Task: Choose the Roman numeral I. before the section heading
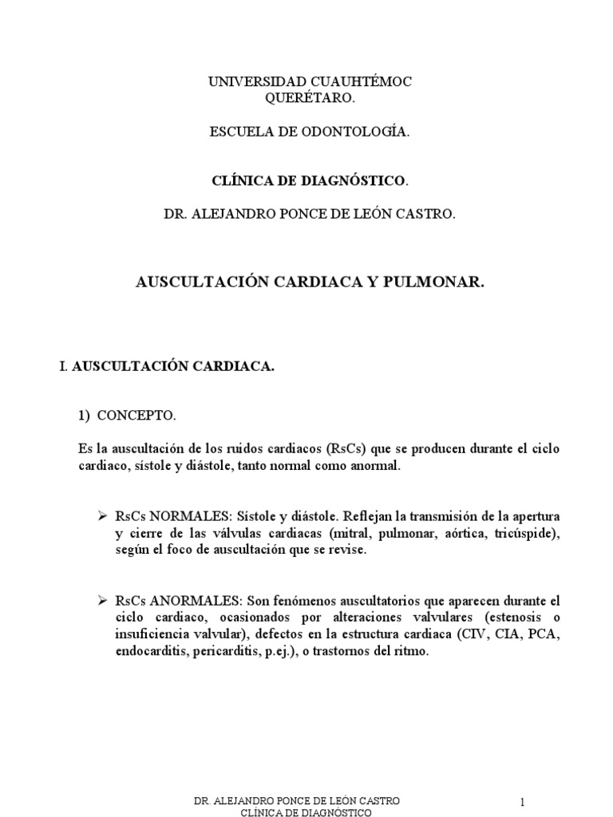63,366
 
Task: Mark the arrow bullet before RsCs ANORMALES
101,599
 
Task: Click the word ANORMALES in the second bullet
192,600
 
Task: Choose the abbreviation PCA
546,634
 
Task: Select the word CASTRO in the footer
380,800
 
